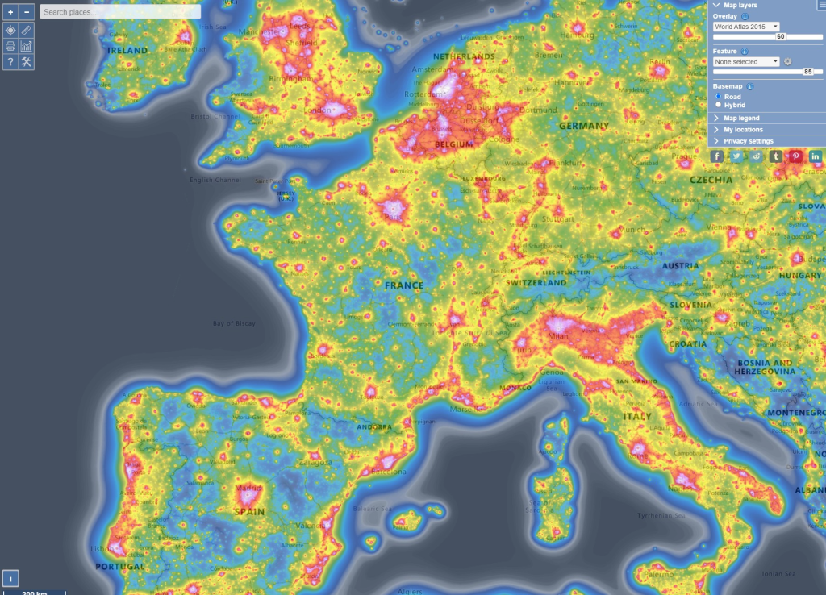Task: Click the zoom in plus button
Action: [10, 12]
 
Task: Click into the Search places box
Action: [119, 12]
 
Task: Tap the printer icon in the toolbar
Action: [10, 46]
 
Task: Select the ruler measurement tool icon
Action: [27, 30]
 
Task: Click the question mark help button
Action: [10, 62]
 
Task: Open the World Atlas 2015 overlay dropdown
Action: [745, 27]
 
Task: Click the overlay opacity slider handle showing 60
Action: [780, 36]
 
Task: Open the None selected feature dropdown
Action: [745, 61]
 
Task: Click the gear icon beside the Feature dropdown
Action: [788, 61]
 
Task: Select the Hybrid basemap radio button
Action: [719, 105]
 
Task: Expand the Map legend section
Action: [741, 118]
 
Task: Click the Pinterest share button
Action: [795, 156]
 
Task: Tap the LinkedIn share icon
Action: [816, 156]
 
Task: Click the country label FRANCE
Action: [404, 285]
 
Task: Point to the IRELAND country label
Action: [128, 51]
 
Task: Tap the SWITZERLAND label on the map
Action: [536, 283]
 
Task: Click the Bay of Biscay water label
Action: [234, 323]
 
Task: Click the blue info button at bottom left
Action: [10, 577]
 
